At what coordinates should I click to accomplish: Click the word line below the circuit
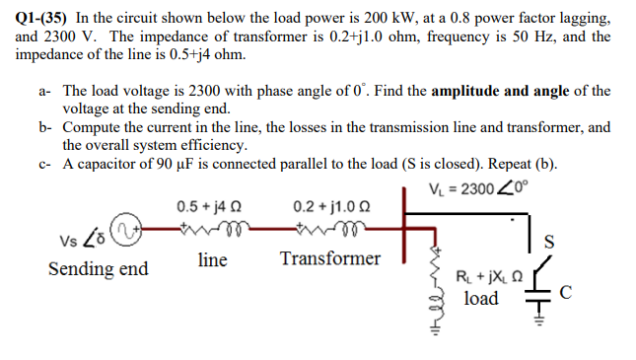click(212, 259)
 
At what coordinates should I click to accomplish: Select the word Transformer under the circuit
click(329, 259)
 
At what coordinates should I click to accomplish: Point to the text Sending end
click(97, 269)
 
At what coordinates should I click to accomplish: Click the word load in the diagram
click(480, 298)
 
